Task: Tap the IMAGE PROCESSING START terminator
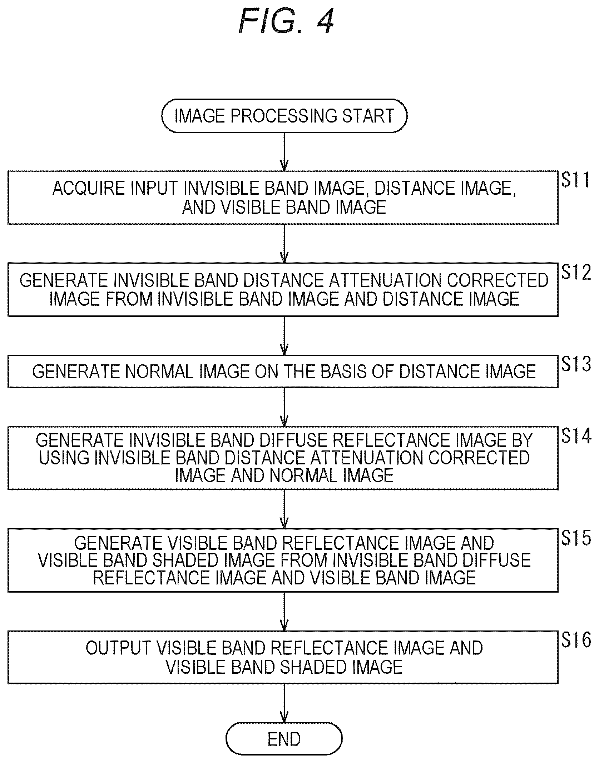click(284, 116)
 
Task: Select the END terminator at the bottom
click(284, 739)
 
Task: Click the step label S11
click(575, 180)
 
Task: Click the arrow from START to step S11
click(284, 152)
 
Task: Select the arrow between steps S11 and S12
click(284, 244)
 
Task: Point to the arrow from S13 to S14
click(284, 407)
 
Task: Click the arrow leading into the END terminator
click(284, 703)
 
